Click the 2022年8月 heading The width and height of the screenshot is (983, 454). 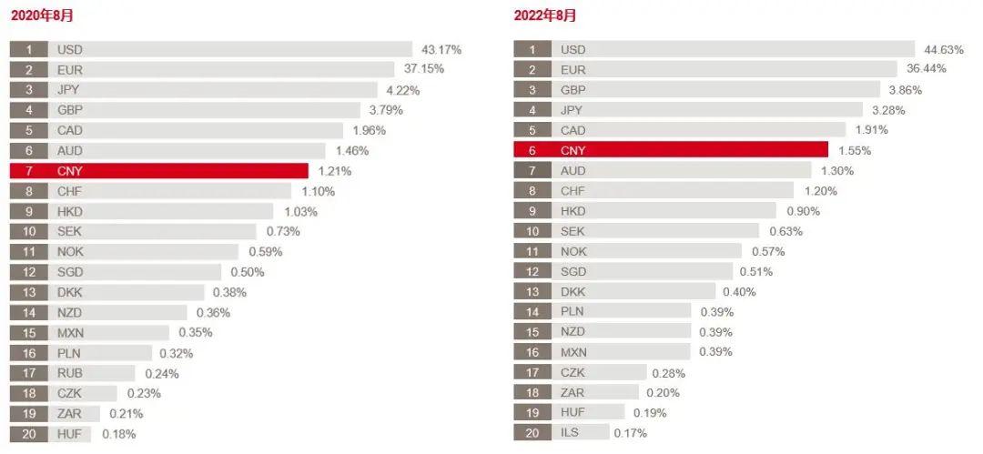pos(545,15)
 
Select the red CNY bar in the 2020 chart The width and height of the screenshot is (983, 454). pos(159,171)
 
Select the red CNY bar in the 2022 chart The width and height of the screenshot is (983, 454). pos(671,150)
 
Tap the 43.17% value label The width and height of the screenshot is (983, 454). pos(441,49)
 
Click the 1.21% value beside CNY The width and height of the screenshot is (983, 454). pos(334,171)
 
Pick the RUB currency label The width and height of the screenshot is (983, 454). pos(70,373)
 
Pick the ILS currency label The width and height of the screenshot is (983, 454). pos(571,433)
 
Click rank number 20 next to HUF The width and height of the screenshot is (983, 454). pos(28,434)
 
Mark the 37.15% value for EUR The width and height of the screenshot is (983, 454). pos(424,69)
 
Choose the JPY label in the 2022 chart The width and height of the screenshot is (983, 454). pos(572,110)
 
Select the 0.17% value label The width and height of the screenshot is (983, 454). pos(630,433)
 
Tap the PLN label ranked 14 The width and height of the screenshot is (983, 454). pos(573,311)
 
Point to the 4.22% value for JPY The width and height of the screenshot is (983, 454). pos(403,90)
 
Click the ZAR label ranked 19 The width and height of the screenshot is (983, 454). pos(70,413)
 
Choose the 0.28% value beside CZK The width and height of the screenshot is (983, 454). pos(669,373)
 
